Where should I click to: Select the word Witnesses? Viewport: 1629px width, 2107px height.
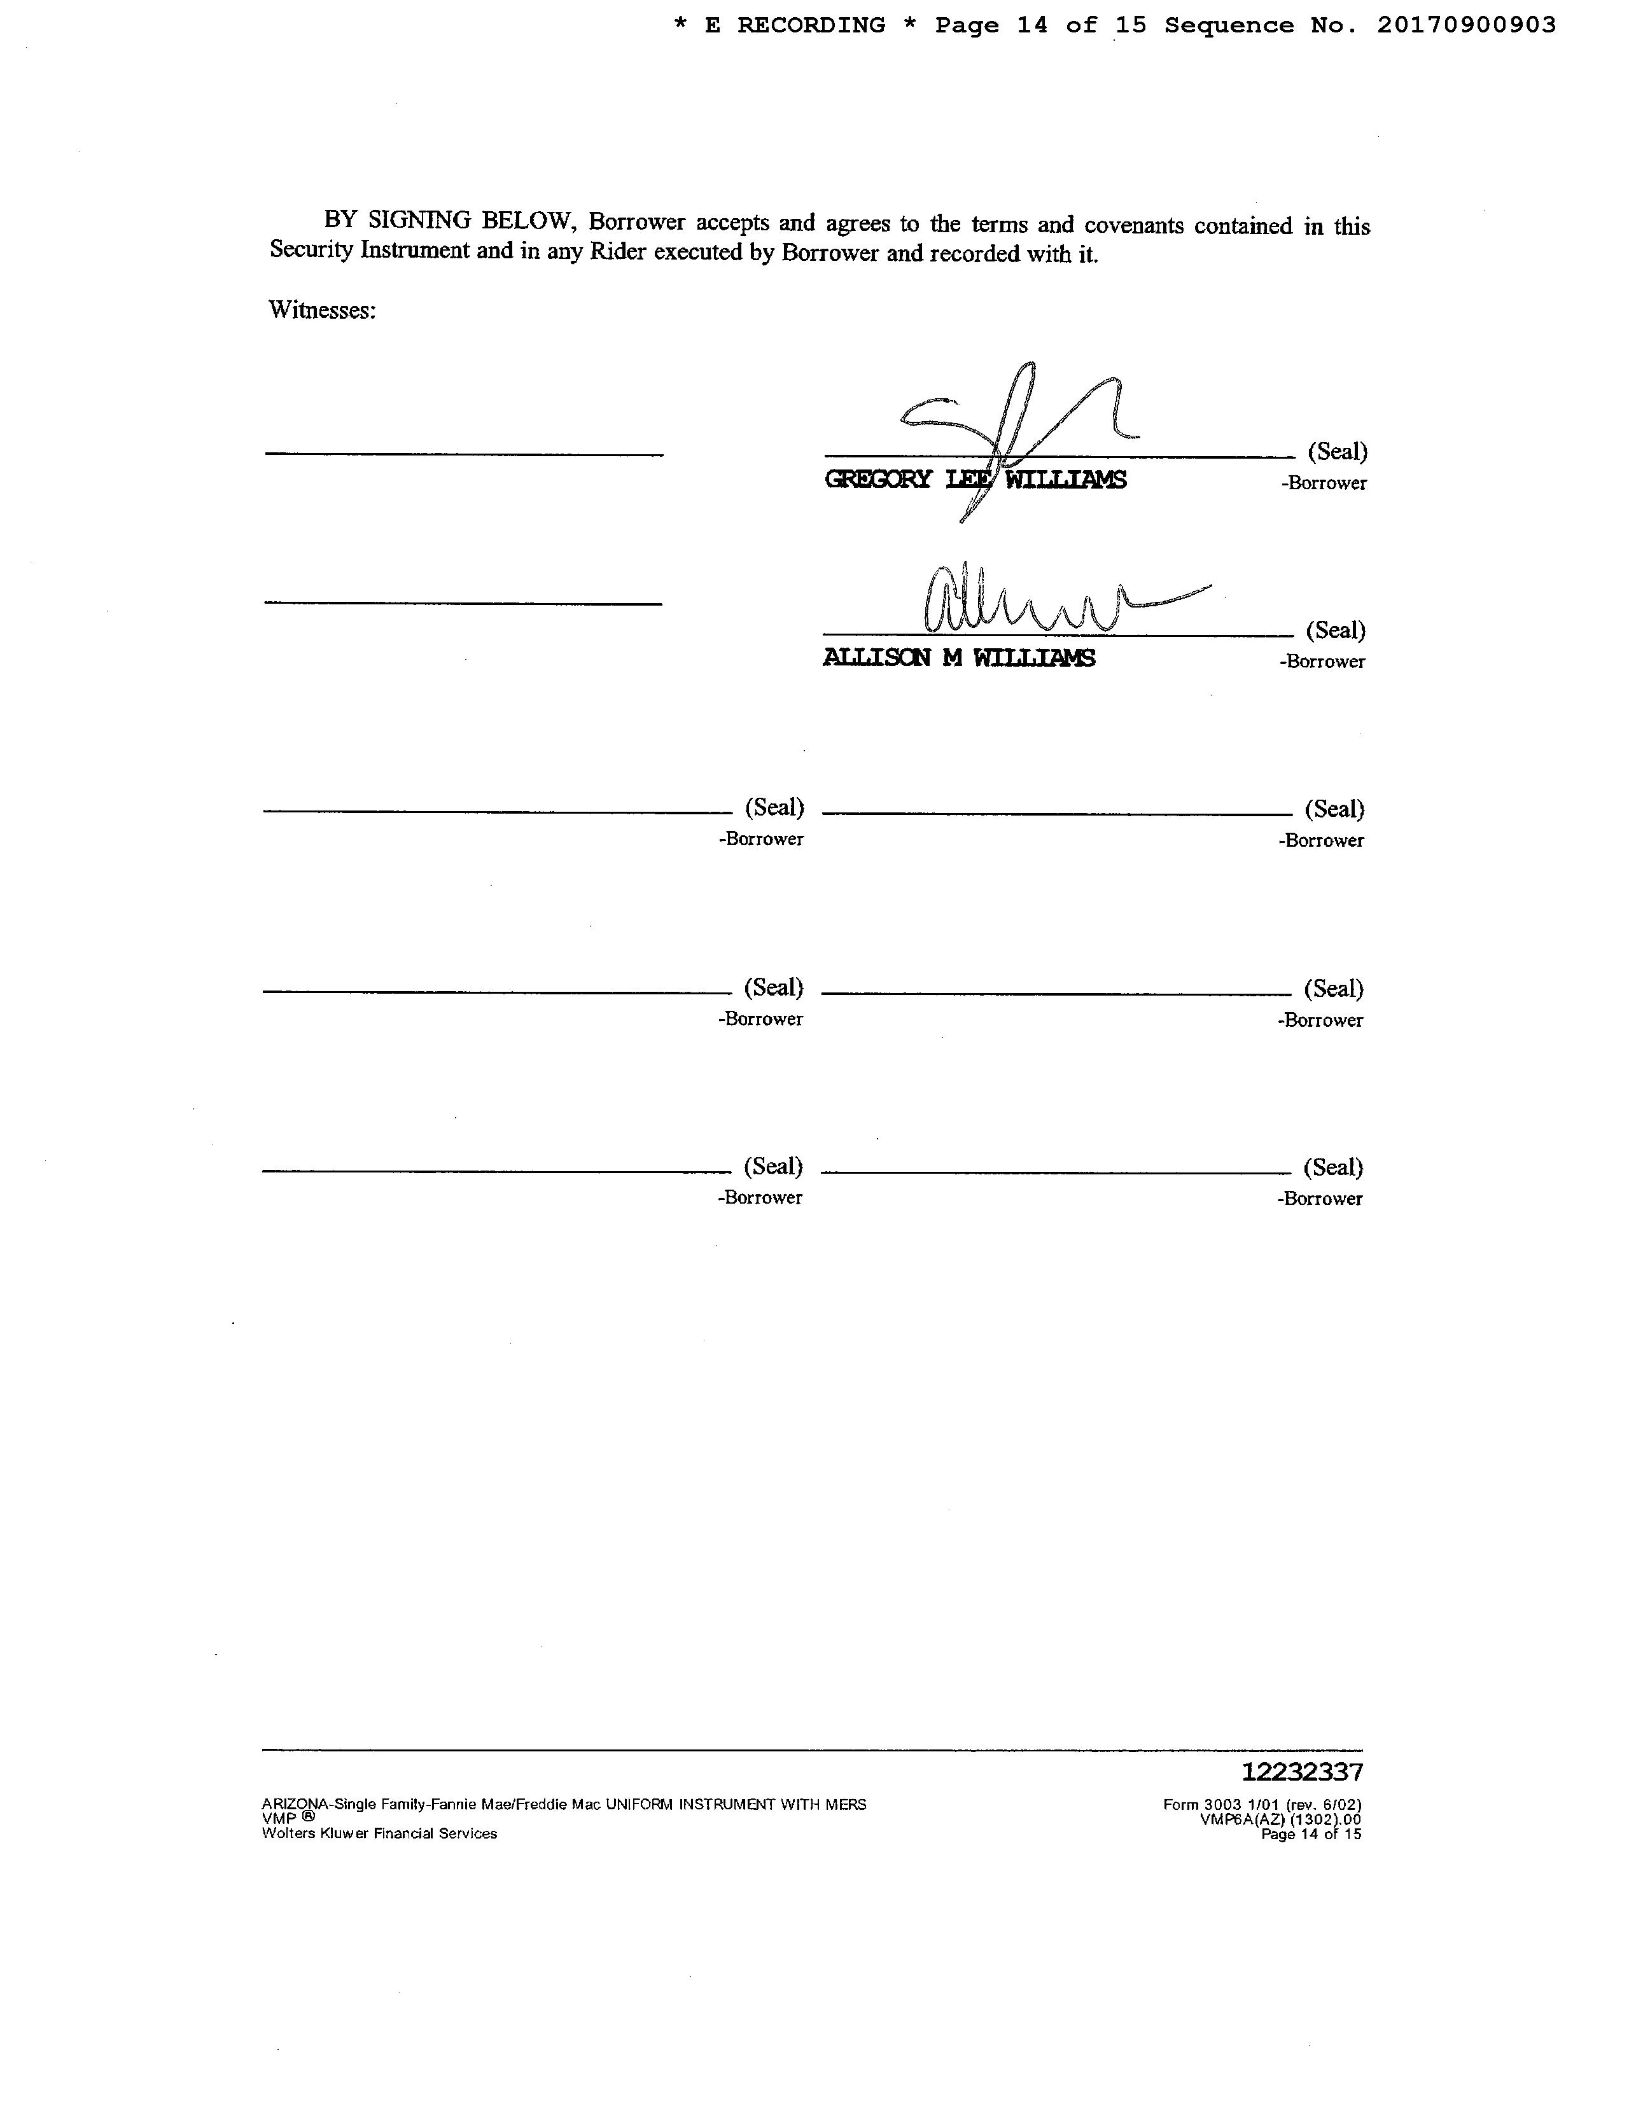[321, 310]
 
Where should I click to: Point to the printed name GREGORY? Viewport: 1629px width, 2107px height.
[877, 480]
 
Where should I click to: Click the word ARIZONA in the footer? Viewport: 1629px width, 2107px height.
[295, 1805]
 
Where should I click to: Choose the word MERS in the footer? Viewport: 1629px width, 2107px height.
[846, 1805]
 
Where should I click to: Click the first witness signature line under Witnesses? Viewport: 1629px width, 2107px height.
[464, 454]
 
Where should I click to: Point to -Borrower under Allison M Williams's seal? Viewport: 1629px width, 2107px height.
[1322, 662]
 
